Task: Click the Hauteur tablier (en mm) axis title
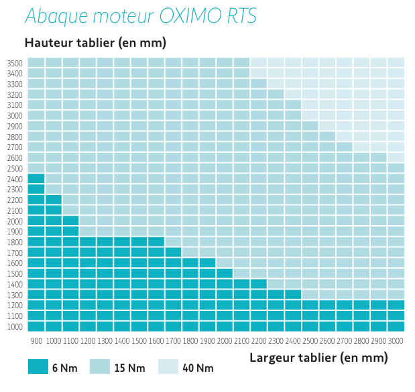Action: (95, 43)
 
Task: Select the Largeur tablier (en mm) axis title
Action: (318, 357)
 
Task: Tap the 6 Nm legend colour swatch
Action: (38, 367)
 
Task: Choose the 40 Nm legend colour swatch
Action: (168, 367)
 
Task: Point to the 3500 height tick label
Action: (15, 63)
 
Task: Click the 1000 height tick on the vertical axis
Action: (15, 326)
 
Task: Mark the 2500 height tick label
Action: (15, 168)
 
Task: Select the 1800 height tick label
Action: (15, 242)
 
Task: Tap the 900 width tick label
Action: (36, 341)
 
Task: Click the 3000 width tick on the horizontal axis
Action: (396, 341)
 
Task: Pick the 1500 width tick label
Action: (139, 341)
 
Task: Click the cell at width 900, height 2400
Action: (36, 179)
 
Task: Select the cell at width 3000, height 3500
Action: (396, 63)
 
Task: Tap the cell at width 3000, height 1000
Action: (396, 326)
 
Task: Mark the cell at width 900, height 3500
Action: (36, 63)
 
